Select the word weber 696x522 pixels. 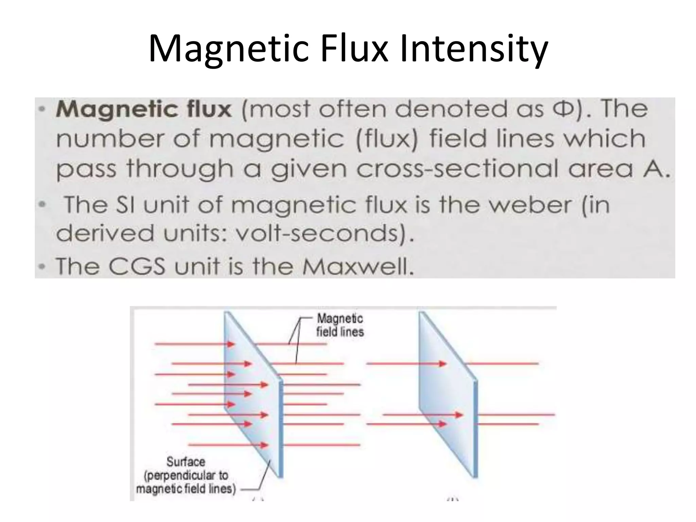pyautogui.click(x=523, y=205)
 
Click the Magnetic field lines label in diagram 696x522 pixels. pyautogui.click(x=340, y=325)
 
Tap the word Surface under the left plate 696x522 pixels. pyautogui.click(x=186, y=462)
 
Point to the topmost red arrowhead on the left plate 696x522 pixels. pyautogui.click(x=231, y=344)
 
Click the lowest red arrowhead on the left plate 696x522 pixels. pyautogui.click(x=265, y=445)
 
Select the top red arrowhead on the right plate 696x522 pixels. pyautogui.click(x=442, y=364)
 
